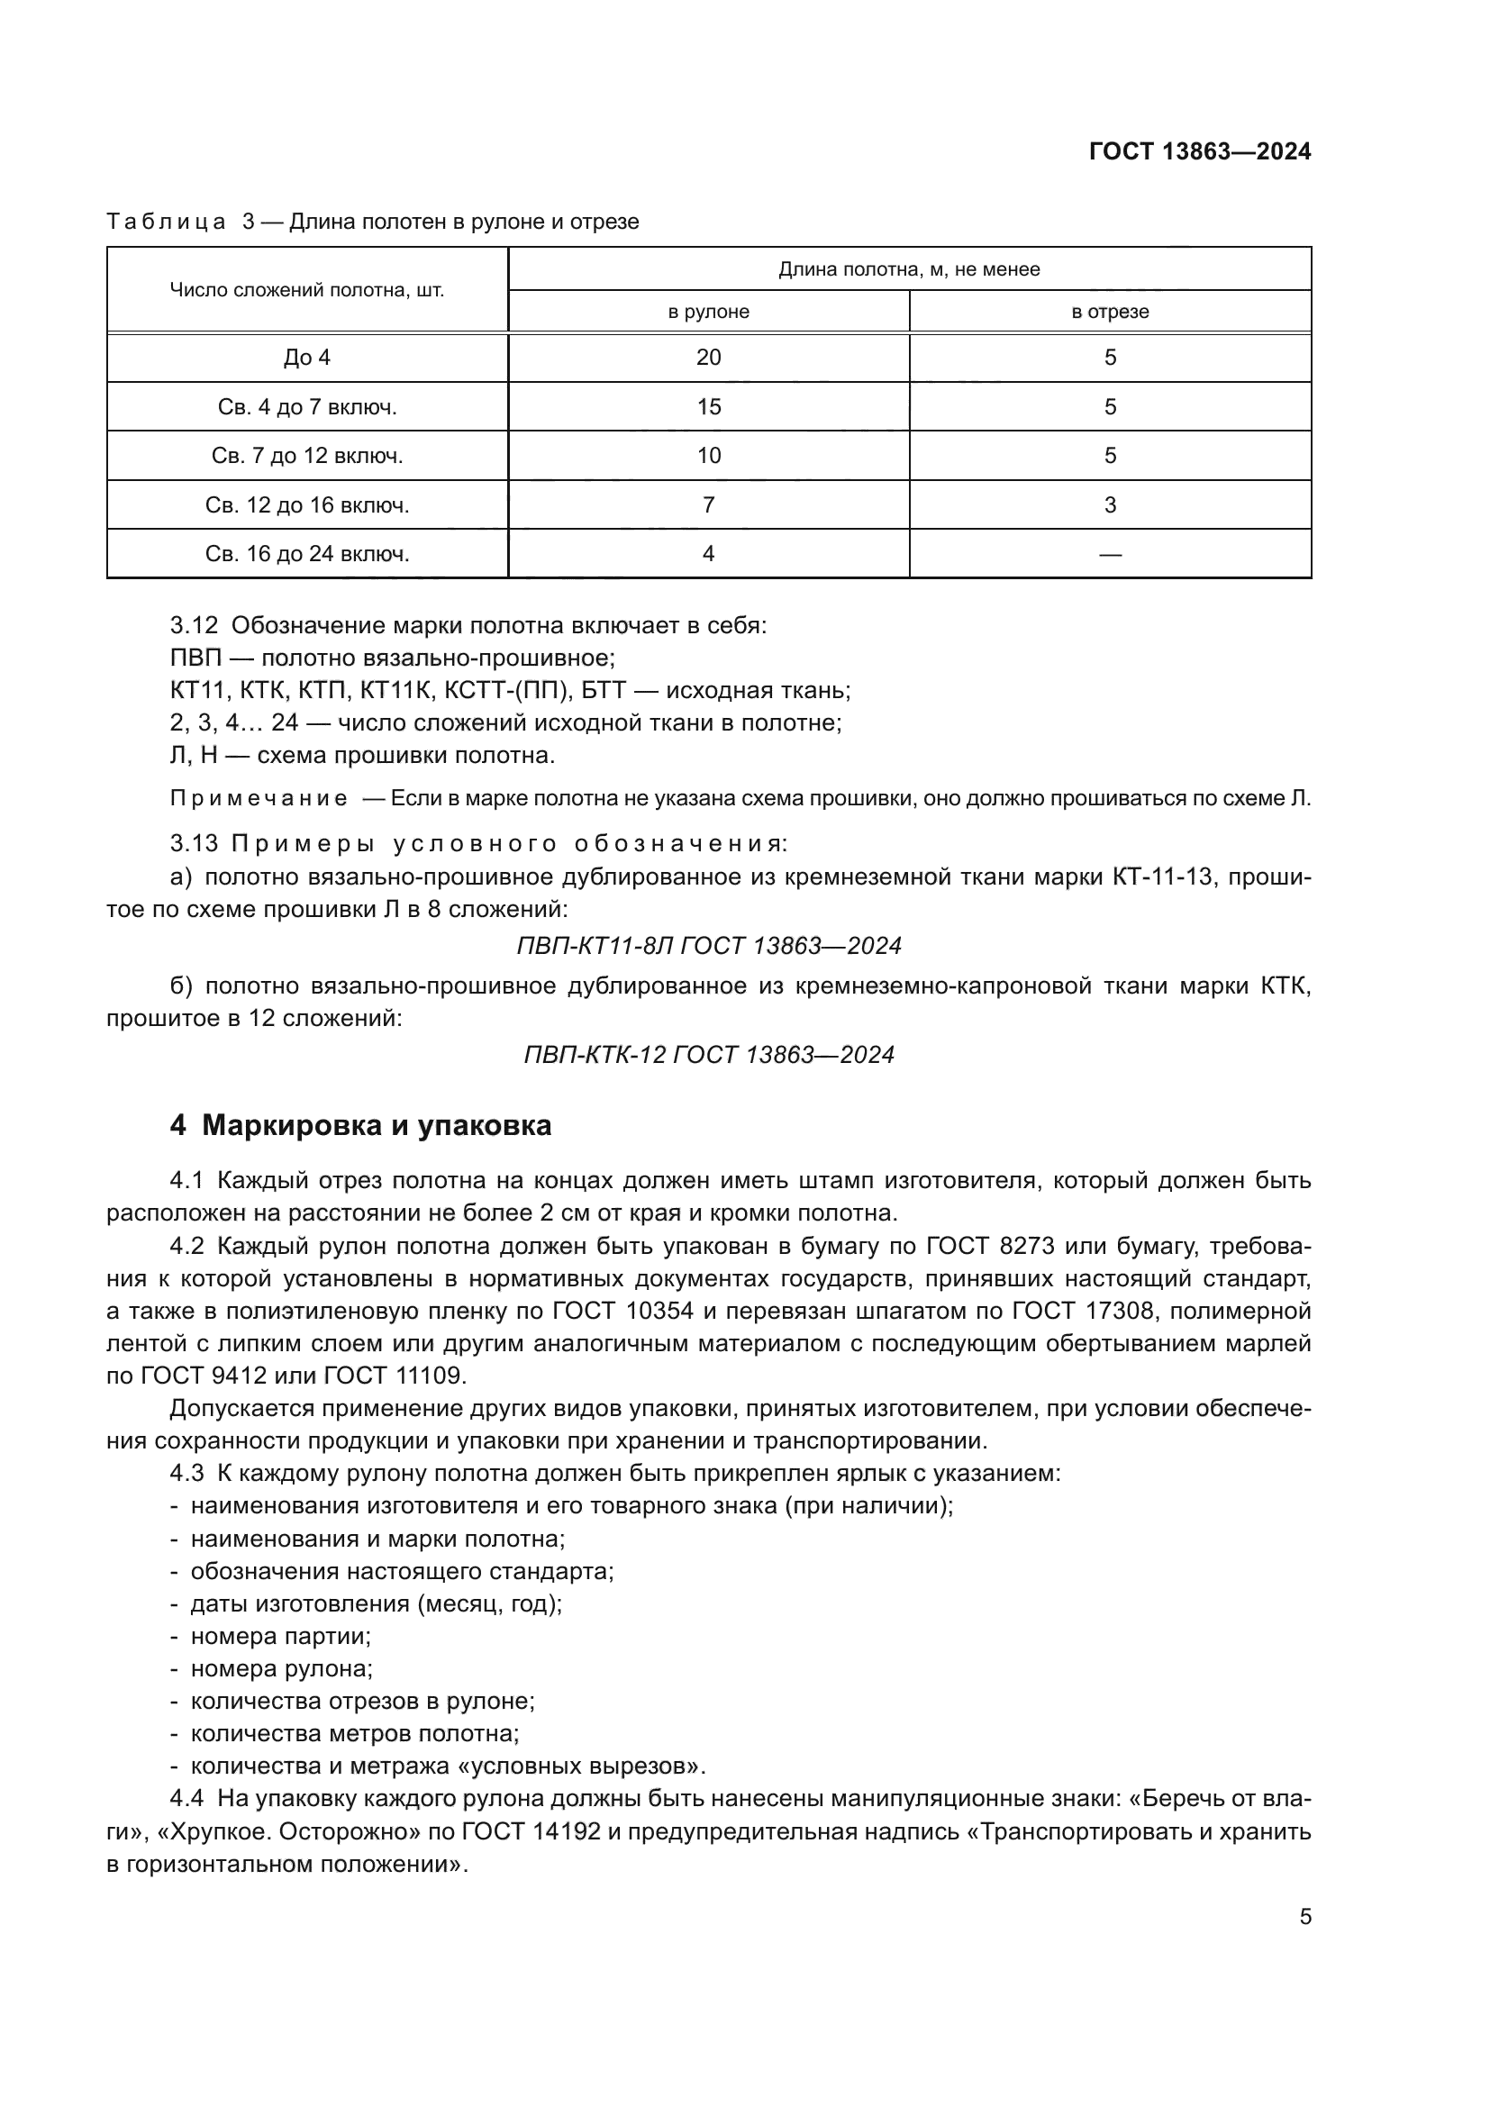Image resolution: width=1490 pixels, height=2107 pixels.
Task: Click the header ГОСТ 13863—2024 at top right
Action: tap(1199, 151)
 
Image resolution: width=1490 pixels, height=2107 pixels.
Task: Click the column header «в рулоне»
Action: tap(708, 312)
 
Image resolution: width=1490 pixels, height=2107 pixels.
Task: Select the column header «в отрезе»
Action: tap(1109, 312)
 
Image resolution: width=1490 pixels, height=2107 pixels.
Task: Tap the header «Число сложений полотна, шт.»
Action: tap(307, 291)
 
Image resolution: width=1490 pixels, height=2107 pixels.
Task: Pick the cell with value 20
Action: tap(708, 358)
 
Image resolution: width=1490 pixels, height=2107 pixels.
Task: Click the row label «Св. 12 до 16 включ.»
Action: tap(307, 505)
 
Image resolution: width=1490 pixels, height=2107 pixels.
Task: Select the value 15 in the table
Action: tap(708, 406)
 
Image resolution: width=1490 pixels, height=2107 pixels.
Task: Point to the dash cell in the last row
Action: tap(1109, 554)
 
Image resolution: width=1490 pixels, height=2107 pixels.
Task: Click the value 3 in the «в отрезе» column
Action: tap(1109, 505)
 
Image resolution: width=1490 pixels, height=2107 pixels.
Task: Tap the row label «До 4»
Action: tap(307, 358)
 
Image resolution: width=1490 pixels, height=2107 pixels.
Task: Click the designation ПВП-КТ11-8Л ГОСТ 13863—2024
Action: tap(708, 946)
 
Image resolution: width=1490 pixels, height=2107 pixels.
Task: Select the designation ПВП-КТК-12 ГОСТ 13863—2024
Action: tap(708, 1056)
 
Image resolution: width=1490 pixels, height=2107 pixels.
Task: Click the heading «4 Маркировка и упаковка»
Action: tap(360, 1126)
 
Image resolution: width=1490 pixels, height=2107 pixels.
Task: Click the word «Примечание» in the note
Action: tap(259, 799)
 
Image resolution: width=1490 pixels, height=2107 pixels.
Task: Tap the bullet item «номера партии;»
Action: tap(280, 1636)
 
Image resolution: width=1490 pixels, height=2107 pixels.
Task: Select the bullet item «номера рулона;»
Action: tap(281, 1669)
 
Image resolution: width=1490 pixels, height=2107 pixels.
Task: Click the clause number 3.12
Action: tap(194, 626)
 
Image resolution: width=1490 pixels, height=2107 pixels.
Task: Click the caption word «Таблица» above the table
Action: tap(166, 223)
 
